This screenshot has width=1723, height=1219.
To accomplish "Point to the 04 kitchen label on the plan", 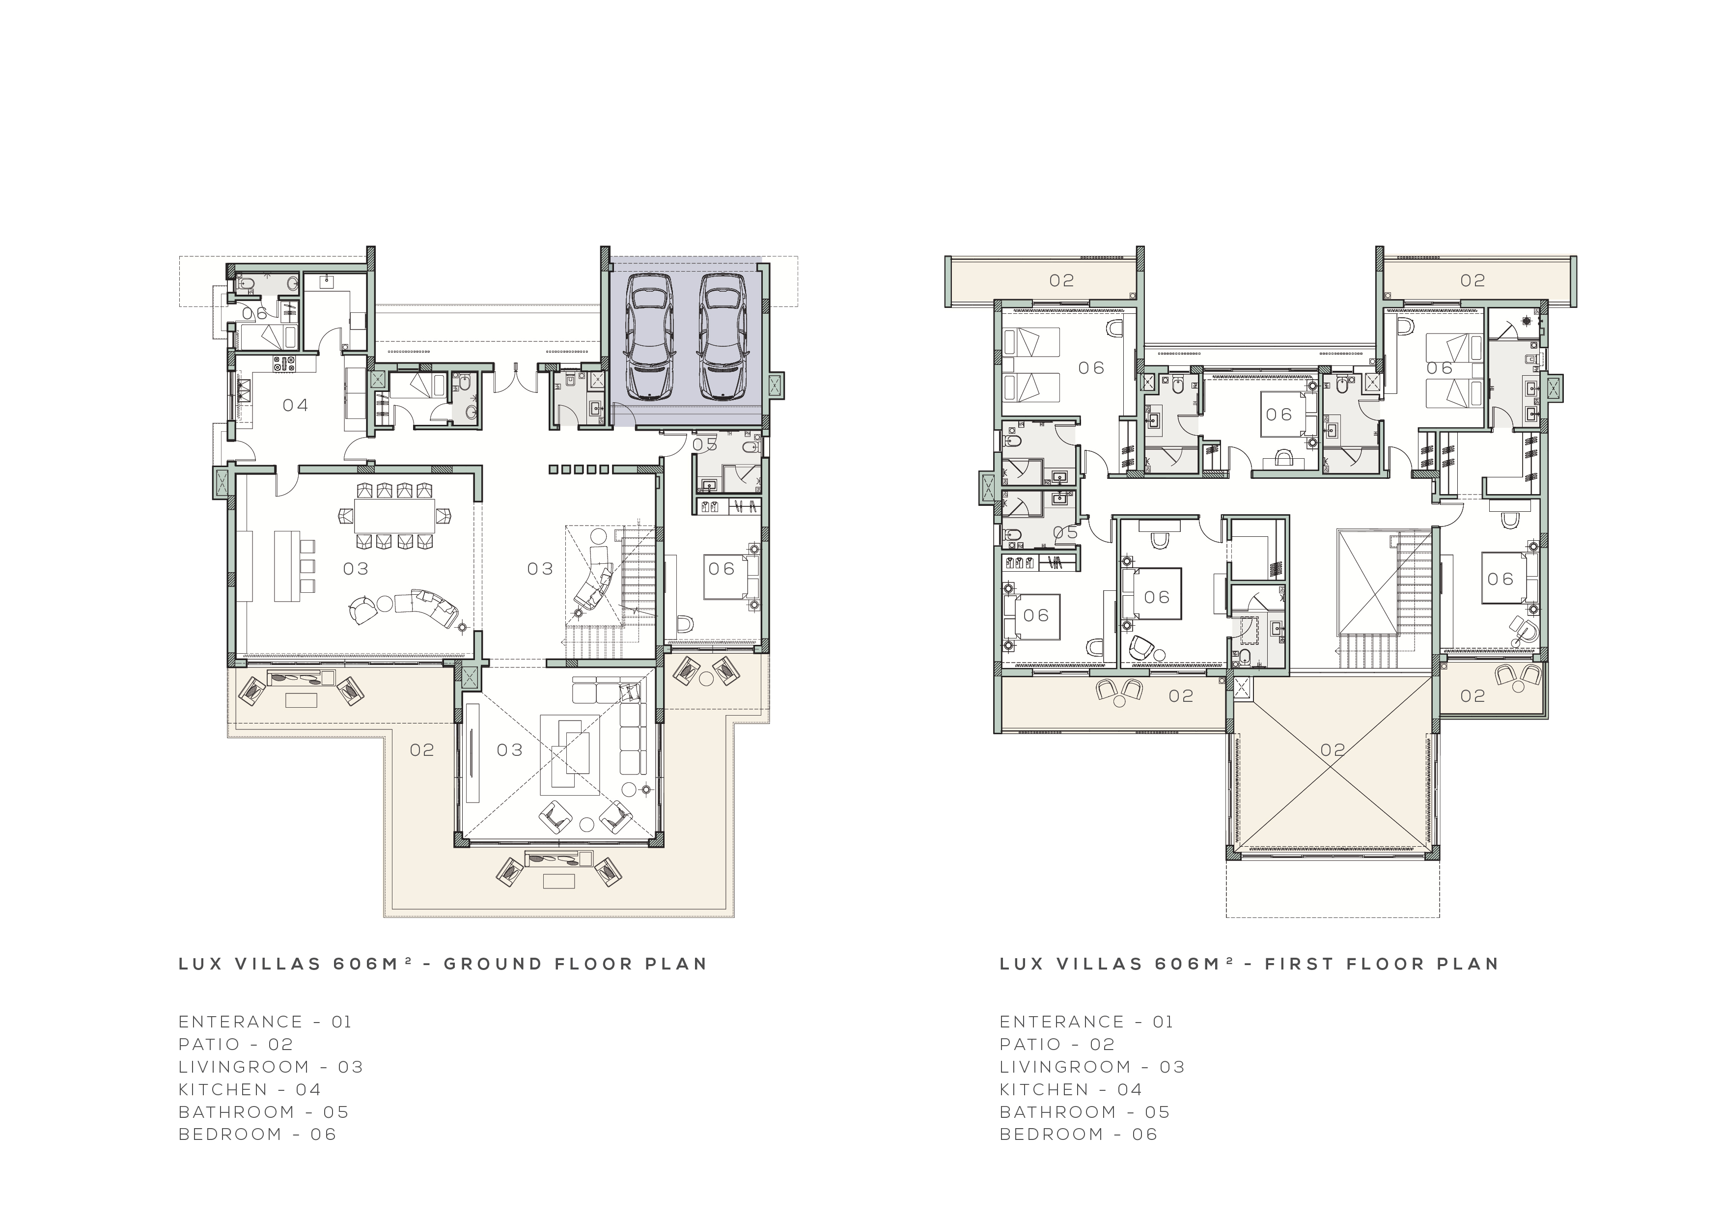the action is [296, 405].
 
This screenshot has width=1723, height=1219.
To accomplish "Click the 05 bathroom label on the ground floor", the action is [705, 444].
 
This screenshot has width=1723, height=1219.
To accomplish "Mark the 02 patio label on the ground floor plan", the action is [422, 750].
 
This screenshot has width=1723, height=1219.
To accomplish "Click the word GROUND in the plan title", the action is [492, 964].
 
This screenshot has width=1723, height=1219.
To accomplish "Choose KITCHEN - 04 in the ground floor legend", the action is [250, 1089].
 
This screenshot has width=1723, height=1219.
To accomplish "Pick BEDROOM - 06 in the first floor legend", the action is [1079, 1134].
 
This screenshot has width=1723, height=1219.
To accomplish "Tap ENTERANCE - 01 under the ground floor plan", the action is [265, 1022].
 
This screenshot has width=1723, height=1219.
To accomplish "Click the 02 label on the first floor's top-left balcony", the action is [1062, 281].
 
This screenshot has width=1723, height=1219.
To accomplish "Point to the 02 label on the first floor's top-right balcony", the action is [1473, 281].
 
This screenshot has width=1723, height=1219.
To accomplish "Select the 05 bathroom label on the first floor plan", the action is [1066, 532].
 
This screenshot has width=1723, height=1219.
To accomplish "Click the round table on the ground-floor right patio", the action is [706, 679].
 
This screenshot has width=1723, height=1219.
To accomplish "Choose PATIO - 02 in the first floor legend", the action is [1057, 1044].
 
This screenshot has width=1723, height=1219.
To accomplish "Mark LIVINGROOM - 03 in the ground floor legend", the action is [271, 1067].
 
